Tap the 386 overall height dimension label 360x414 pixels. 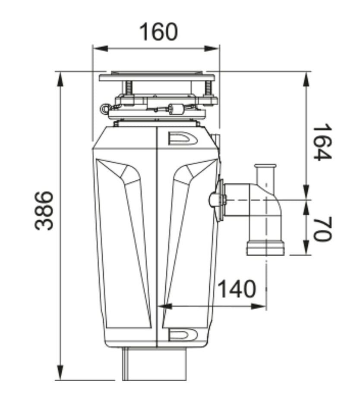(44, 211)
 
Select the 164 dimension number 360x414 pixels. (322, 142)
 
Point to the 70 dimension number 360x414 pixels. (322, 229)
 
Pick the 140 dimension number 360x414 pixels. (237, 289)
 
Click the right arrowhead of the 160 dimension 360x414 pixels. (212, 49)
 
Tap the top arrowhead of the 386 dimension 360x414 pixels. (60, 79)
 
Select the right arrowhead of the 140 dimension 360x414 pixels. (258, 306)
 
